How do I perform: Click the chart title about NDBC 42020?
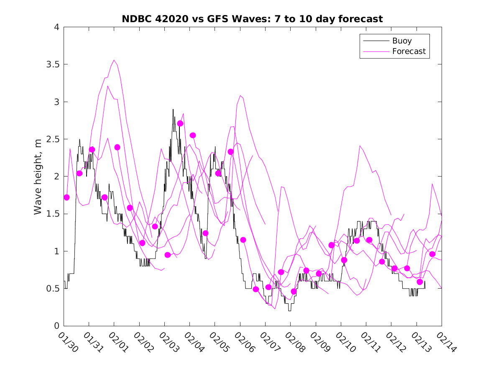click(x=252, y=19)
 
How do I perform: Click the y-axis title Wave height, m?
click(x=38, y=177)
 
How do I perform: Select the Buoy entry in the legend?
click(x=401, y=41)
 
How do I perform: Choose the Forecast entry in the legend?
click(x=409, y=51)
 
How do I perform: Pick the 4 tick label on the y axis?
click(x=56, y=27)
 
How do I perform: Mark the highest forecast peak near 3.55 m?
click(x=114, y=60)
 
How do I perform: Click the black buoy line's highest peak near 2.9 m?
click(x=173, y=110)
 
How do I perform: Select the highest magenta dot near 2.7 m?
click(x=180, y=123)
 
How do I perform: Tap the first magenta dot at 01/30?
click(x=66, y=197)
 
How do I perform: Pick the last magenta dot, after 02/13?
click(x=432, y=254)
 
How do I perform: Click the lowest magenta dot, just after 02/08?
click(x=294, y=292)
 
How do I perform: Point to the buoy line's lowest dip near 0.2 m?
click(x=289, y=310)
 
